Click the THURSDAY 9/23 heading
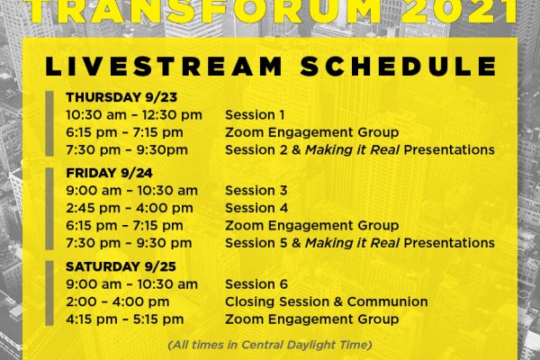point(121,97)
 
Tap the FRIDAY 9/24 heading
point(109,173)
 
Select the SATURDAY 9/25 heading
point(121,266)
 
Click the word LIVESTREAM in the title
point(164,66)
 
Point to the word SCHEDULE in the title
point(399,66)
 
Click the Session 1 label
point(255,115)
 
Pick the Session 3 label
point(256,191)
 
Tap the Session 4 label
point(256,208)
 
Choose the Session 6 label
point(256,284)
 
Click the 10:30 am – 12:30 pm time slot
point(134,115)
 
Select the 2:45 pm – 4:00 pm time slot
point(130,208)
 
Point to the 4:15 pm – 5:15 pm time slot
point(125,319)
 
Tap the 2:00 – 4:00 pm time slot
point(118,301)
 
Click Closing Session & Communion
point(327,301)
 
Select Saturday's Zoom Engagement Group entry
point(312,319)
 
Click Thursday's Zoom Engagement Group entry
point(312,132)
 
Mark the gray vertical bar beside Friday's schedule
point(49,209)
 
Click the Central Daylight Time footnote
point(270,345)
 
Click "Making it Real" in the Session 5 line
point(352,243)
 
